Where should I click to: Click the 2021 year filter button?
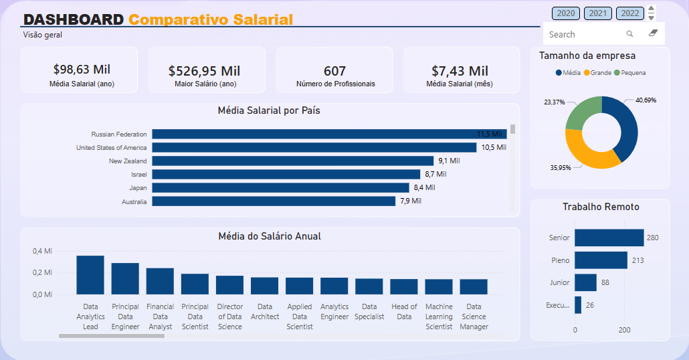[598, 13]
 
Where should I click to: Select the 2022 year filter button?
[630, 13]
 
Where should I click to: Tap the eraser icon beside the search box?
[654, 33]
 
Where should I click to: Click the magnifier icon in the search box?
[629, 34]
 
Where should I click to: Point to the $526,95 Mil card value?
[204, 71]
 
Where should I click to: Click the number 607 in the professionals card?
[334, 71]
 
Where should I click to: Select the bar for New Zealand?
[292, 161]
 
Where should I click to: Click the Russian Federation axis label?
[119, 134]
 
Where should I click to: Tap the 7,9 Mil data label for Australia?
[411, 201]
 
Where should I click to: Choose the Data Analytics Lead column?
[90, 275]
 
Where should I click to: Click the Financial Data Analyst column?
[160, 281]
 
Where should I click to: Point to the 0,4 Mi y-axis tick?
[43, 251]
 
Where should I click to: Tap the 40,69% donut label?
[646, 100]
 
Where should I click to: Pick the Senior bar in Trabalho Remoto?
[609, 238]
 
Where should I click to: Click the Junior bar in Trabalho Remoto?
[585, 282]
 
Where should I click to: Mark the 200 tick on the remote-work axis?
[624, 330]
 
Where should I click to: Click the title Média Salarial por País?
[269, 110]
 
